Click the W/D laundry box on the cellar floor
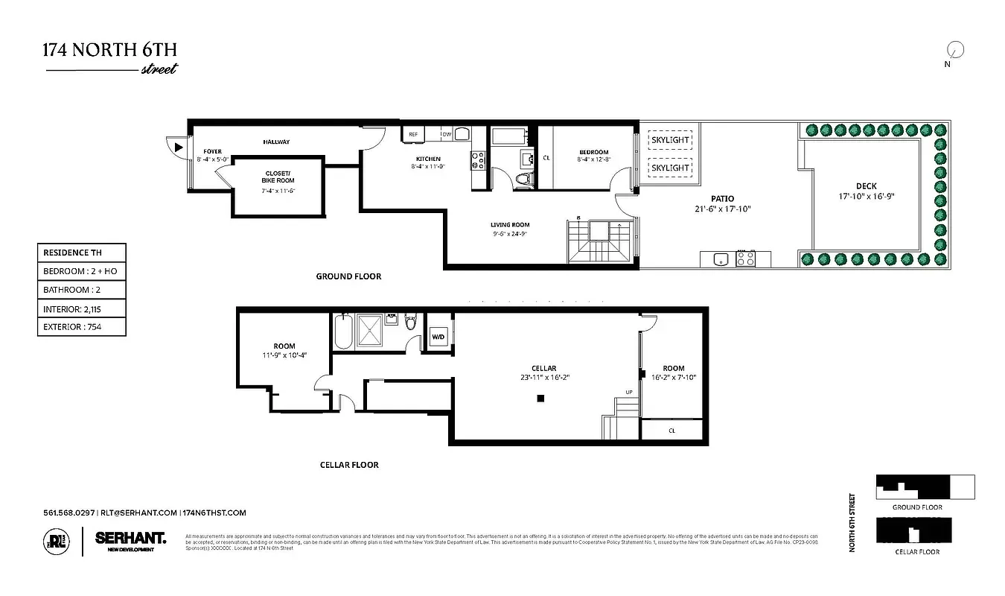(438, 337)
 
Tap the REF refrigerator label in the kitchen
(412, 135)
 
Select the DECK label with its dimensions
(866, 191)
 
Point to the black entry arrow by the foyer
(178, 148)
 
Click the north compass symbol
(954, 51)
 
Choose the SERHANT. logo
(130, 538)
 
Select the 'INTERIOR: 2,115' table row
(82, 308)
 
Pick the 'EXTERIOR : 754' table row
(82, 326)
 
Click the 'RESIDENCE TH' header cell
(82, 253)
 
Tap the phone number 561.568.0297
(69, 513)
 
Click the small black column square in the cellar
(541, 399)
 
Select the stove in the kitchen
(477, 160)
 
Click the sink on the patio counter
(719, 259)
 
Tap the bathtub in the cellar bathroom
(343, 331)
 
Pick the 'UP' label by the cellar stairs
(629, 393)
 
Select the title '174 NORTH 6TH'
(109, 51)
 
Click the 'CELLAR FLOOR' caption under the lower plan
(349, 465)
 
